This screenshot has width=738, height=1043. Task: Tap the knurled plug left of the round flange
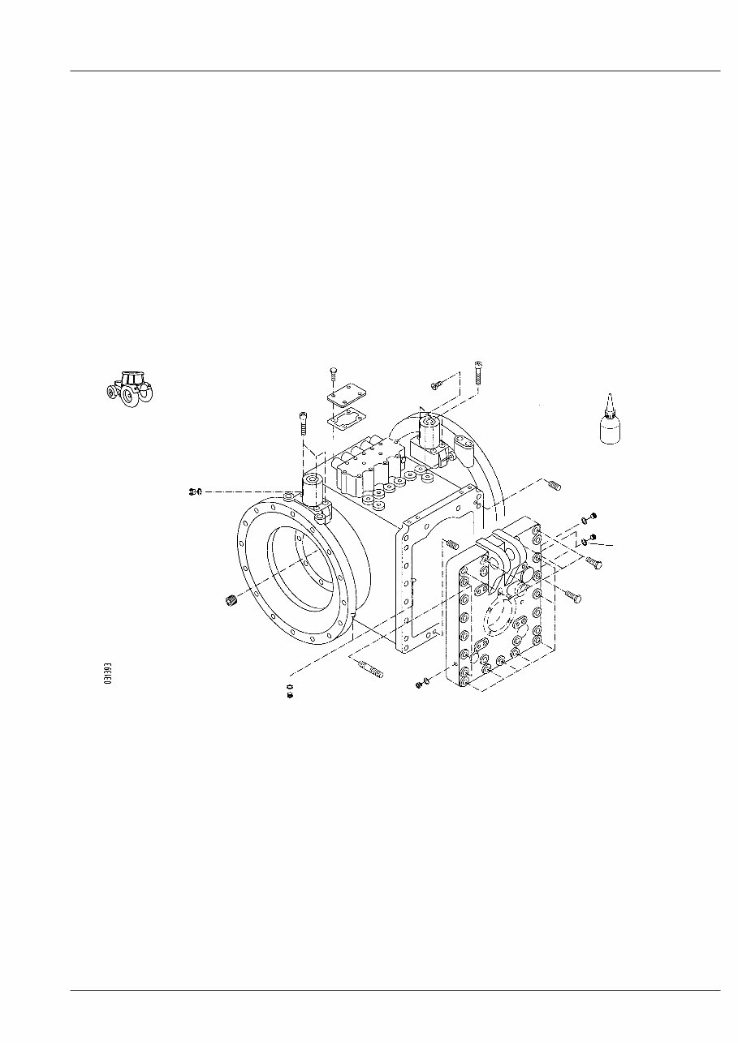click(x=230, y=600)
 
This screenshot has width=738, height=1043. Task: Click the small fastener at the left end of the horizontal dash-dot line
click(x=194, y=491)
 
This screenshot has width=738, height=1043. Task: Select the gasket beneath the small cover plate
click(x=344, y=420)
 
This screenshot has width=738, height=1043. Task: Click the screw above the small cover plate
click(x=334, y=374)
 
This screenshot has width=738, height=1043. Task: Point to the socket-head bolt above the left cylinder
click(x=303, y=423)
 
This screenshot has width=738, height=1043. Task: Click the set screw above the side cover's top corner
click(x=555, y=485)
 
